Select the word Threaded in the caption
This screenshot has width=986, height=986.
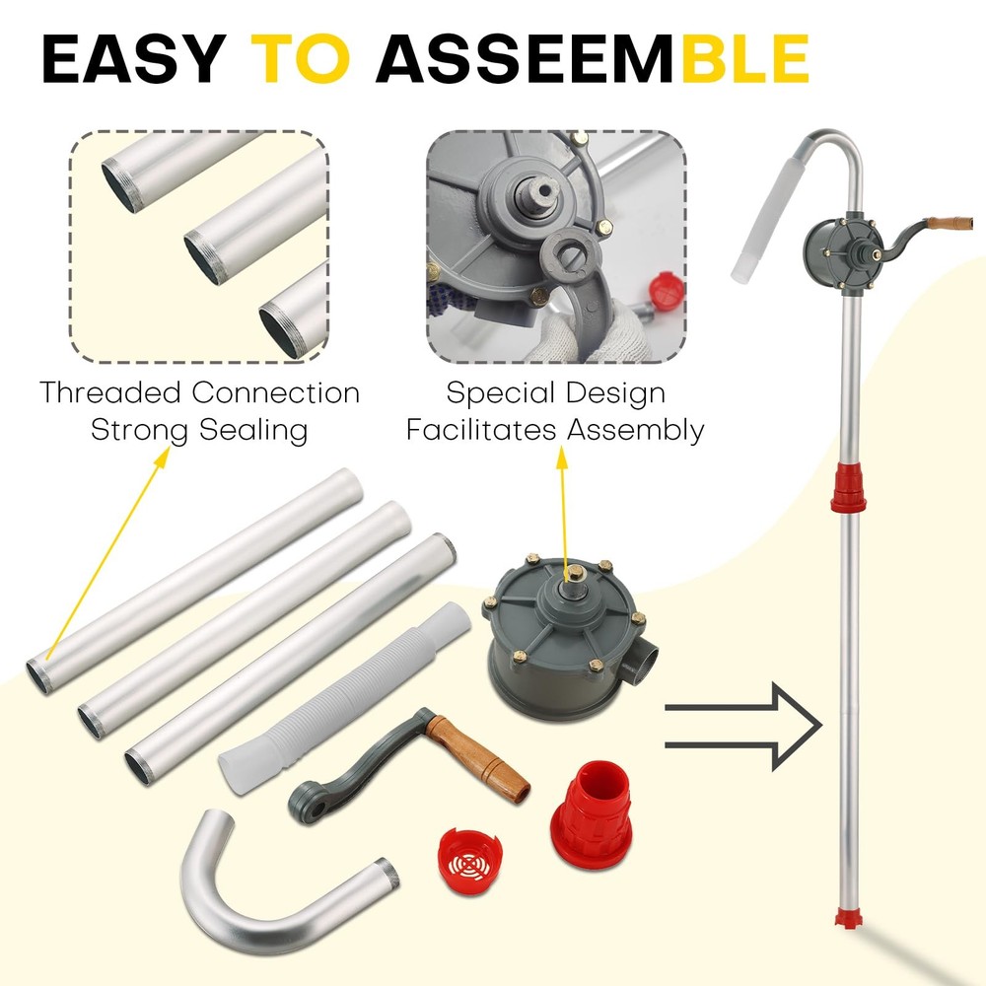[110, 392]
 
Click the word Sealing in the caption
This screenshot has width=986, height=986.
[253, 432]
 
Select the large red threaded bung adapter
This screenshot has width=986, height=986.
[591, 809]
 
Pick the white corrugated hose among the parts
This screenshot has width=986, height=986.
[344, 697]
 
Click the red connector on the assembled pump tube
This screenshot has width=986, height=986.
[848, 487]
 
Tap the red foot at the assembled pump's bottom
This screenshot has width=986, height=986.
[847, 917]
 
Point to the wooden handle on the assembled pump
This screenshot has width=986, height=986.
[951, 223]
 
